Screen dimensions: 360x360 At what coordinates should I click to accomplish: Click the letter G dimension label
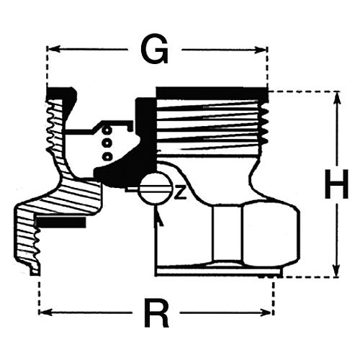pos(155,49)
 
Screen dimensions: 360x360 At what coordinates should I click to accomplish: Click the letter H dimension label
pos(336,184)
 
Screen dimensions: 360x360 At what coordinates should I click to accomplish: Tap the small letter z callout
pos(180,193)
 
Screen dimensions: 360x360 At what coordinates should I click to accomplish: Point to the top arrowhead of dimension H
pos(337,98)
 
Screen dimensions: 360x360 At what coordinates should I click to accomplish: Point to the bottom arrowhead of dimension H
pos(337,270)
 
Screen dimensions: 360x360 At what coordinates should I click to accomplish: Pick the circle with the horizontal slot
pos(156,188)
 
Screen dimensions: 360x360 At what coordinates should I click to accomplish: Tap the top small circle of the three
pos(107,130)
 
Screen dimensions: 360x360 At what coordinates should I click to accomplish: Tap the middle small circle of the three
pos(107,143)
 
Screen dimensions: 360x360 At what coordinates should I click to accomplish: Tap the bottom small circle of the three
pos(107,156)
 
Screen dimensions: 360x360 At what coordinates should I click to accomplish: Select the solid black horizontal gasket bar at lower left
pos(61,222)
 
